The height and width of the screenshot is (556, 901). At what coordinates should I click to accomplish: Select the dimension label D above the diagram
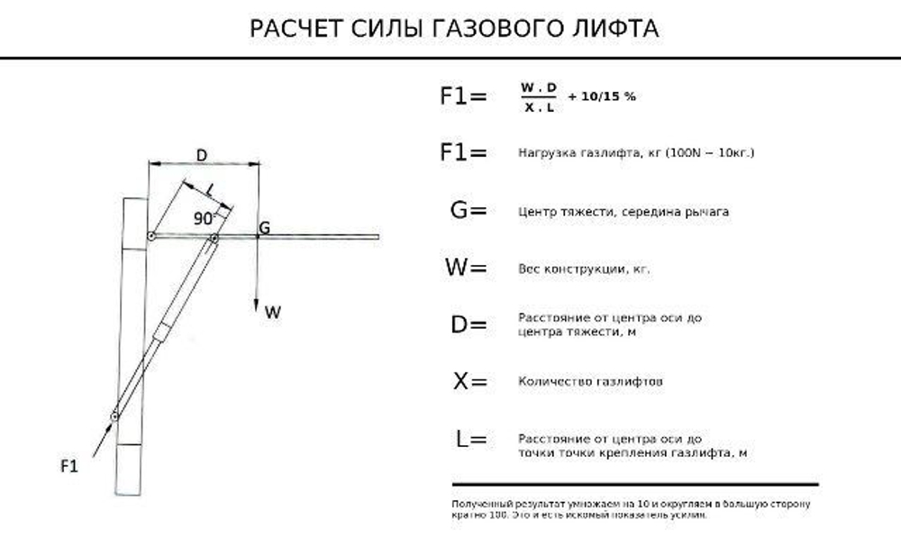pos(202,156)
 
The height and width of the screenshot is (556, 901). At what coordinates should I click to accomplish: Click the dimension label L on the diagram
pos(209,189)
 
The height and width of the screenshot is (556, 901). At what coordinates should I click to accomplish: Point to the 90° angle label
pos(205,218)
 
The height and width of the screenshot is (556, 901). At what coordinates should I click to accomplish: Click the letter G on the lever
pos(264,228)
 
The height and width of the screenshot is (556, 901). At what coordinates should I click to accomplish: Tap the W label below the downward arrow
pos(273,313)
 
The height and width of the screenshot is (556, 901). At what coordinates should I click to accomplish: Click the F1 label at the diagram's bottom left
pos(69,465)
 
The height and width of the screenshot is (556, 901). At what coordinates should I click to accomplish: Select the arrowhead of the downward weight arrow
pos(258,304)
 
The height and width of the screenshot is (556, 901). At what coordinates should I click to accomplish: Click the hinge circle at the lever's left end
pos(151,237)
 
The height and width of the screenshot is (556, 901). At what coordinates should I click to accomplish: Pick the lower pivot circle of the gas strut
pos(115,415)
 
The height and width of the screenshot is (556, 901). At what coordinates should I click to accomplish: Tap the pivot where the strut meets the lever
pos(214,238)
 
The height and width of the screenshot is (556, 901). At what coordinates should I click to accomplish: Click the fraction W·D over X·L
pos(539,97)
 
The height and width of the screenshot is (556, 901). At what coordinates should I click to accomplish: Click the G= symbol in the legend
pos(468,211)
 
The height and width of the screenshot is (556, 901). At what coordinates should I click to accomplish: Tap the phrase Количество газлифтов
pos(591,382)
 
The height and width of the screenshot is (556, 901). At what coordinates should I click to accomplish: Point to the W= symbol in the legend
pos(466,268)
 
